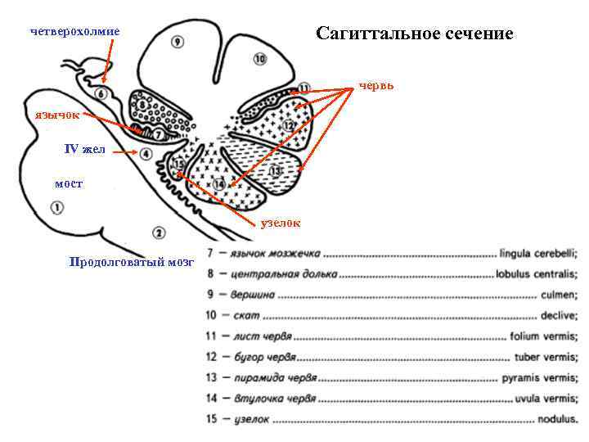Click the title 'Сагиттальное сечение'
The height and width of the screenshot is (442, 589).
[414, 34]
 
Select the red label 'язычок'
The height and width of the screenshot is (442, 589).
[56, 115]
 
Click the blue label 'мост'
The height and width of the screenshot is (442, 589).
[68, 183]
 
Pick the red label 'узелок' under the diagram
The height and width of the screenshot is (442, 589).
[281, 222]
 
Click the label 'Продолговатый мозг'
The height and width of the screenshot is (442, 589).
[133, 262]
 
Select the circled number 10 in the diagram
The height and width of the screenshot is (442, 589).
[259, 59]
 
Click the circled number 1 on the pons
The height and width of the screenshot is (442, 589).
[57, 209]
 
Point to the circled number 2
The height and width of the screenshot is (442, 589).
[158, 233]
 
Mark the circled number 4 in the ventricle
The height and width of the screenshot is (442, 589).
[146, 154]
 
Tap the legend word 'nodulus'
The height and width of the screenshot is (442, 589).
[556, 419]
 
